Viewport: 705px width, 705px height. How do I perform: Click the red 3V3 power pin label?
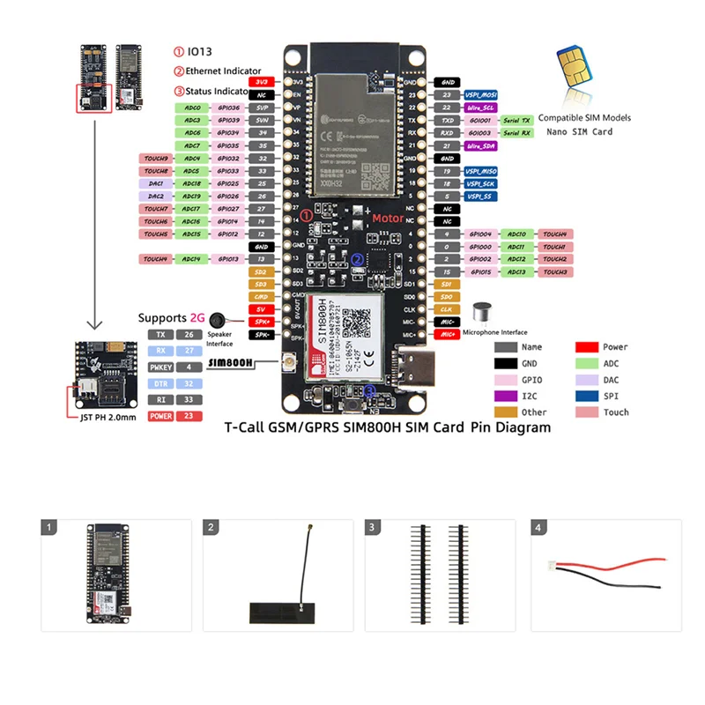coord(262,81)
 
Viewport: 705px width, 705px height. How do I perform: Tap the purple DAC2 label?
coord(156,197)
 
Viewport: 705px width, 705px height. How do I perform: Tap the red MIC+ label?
coord(448,335)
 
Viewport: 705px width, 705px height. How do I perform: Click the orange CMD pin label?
coord(262,297)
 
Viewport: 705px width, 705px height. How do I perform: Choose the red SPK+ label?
coord(262,323)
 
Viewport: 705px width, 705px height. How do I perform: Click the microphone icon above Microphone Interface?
coord(482,313)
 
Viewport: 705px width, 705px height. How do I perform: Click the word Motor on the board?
coord(387,218)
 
